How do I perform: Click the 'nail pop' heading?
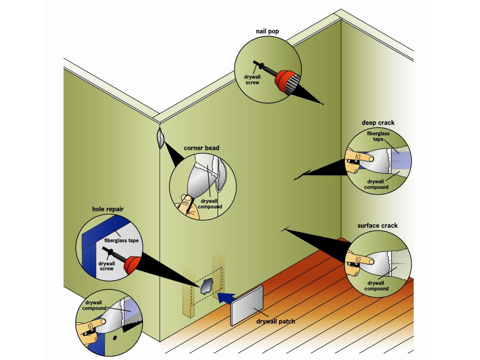click(x=267, y=31)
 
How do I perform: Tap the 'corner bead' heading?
click(x=201, y=148)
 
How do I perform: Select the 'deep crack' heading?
click(x=378, y=123)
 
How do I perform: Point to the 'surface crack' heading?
click(x=377, y=225)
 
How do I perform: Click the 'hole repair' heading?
click(x=108, y=209)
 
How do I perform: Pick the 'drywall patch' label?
click(x=276, y=321)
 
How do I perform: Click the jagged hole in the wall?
click(x=206, y=286)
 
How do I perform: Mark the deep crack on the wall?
click(x=302, y=175)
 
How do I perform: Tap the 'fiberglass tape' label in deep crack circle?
click(x=378, y=136)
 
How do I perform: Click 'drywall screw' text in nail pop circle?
click(x=252, y=80)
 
